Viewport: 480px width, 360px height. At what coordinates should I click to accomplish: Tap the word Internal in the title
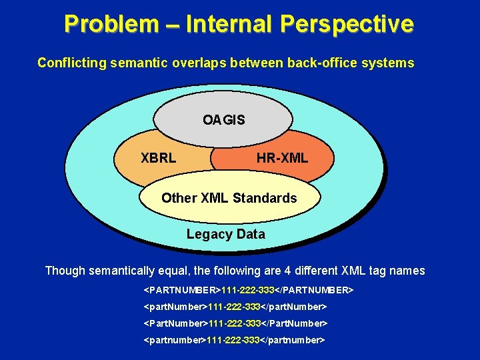coord(229,24)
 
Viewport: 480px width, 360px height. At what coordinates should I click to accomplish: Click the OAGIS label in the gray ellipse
coord(224,121)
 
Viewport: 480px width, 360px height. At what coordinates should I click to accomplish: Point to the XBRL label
coord(159,159)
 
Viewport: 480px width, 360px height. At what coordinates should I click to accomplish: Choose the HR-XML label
coord(282,159)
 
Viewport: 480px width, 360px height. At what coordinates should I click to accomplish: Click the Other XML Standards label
coord(229,198)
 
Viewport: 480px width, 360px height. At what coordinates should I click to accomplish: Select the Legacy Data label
coord(225,234)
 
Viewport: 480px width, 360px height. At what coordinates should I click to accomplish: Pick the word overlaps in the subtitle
coord(203,63)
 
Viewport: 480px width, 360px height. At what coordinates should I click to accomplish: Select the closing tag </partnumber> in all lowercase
coord(292,340)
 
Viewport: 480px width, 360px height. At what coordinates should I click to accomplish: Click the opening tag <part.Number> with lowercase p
coord(176,307)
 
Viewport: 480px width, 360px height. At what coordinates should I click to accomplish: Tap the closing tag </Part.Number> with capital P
coord(294,323)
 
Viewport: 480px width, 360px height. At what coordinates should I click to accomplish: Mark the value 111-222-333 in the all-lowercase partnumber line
coord(233,340)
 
